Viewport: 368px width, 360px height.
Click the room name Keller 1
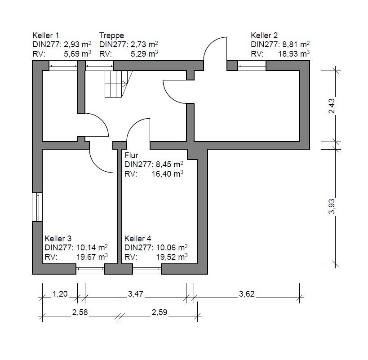click(x=45, y=36)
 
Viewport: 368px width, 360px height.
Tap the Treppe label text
click(x=111, y=36)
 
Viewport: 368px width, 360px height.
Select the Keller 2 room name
click(x=264, y=36)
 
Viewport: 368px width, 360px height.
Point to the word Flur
click(x=131, y=156)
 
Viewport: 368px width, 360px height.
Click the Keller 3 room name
click(x=58, y=239)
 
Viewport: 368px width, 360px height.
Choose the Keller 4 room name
click(x=138, y=239)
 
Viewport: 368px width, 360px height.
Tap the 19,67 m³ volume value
click(x=92, y=257)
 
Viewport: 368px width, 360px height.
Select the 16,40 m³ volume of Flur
click(x=167, y=174)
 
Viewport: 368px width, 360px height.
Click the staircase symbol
click(x=116, y=84)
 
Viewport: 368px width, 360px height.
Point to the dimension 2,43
click(x=332, y=106)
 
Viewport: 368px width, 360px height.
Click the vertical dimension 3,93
click(x=332, y=207)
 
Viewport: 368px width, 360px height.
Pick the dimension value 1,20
click(x=60, y=294)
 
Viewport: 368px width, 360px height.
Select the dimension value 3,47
click(x=135, y=294)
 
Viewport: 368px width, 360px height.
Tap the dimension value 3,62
click(x=247, y=294)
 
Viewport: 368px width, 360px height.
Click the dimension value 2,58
click(x=80, y=312)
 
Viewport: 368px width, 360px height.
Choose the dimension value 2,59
click(x=160, y=312)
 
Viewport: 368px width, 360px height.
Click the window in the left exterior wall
click(x=37, y=207)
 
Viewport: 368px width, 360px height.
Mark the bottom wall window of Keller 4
click(x=147, y=269)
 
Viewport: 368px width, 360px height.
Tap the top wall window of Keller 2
click(x=252, y=66)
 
